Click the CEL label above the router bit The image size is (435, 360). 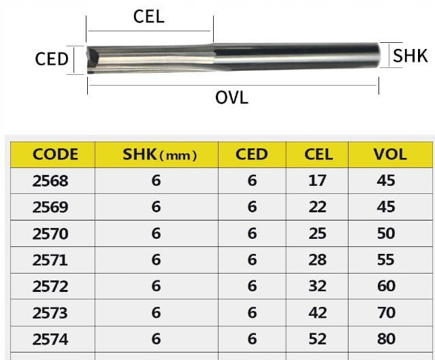point(148,16)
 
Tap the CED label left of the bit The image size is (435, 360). point(52,59)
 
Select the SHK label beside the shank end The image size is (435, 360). point(410,56)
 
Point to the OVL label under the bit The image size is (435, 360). point(231,98)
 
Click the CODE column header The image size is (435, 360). point(55,154)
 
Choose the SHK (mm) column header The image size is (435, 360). point(160,154)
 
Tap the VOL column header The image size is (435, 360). point(390,154)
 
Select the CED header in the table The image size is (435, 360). point(252,154)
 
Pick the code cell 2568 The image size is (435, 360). point(50,181)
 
